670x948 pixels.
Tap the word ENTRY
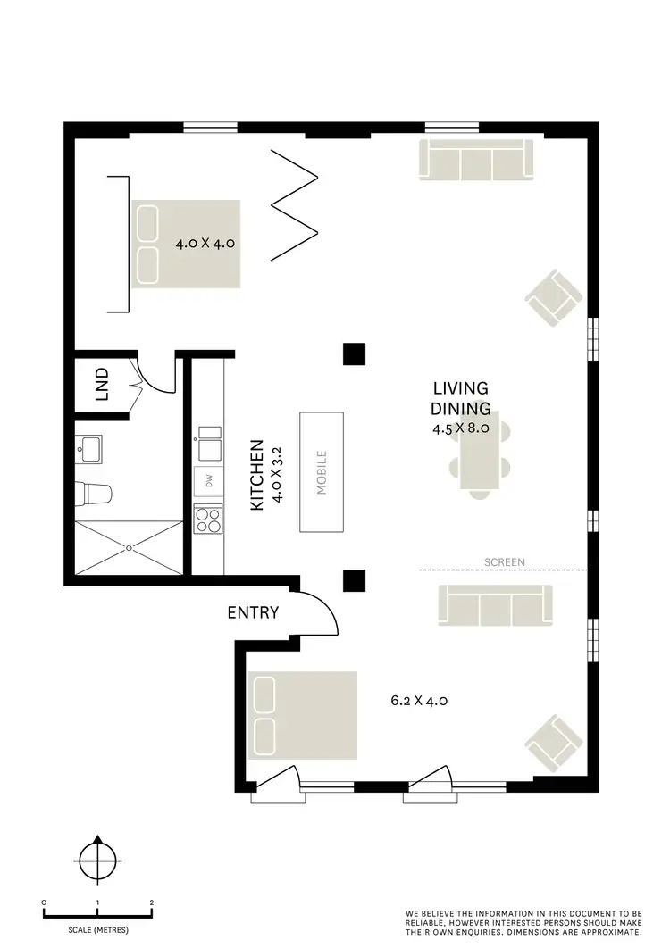tap(253, 612)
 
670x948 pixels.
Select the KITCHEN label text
tap(256, 474)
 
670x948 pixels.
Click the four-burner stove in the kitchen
tap(209, 520)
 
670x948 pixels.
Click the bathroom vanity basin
tap(88, 448)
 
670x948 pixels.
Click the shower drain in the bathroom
tap(129, 546)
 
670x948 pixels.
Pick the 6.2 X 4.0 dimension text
tap(419, 701)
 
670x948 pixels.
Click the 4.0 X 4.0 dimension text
tap(205, 242)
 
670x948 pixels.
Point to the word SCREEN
tap(505, 562)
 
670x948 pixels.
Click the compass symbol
tap(96, 862)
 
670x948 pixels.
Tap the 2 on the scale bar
tap(152, 903)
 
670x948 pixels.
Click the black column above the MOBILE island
tap(355, 354)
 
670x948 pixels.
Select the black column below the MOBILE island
tap(355, 581)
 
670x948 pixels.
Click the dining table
tap(482, 451)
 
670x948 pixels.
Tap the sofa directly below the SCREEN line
tap(494, 604)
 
